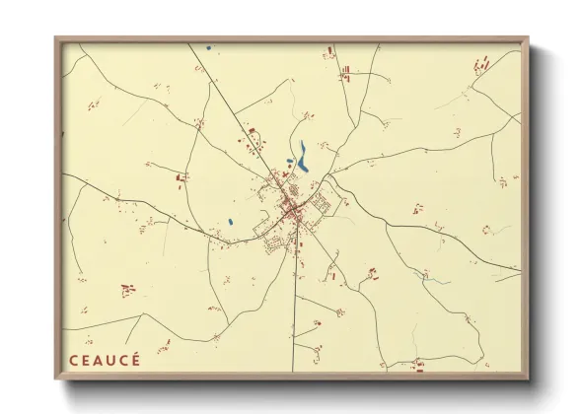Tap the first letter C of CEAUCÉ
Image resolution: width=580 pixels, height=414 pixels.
[x=73, y=359]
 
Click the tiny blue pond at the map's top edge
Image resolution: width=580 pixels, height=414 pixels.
[x=208, y=47]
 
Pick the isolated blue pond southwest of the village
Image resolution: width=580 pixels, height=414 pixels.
[x=230, y=222]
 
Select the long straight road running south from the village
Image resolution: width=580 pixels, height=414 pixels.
[x=296, y=306]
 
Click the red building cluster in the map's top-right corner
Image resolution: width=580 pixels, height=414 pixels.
[x=481, y=66]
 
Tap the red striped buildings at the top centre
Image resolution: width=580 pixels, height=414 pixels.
[x=345, y=70]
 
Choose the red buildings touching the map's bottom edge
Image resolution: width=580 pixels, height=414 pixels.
[x=419, y=367]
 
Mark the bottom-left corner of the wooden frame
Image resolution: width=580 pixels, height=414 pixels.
[x=56, y=379]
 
